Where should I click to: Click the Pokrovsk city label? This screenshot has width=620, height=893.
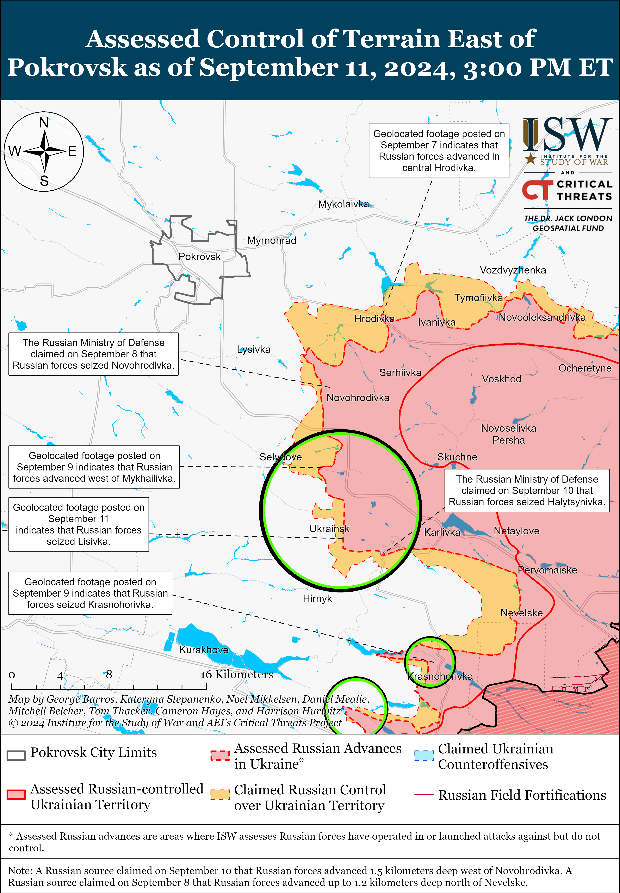pos(199,257)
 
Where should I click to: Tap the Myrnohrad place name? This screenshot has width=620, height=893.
pos(272,241)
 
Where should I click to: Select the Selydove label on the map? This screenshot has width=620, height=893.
pos(280,457)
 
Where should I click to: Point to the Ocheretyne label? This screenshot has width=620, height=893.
pos(585,368)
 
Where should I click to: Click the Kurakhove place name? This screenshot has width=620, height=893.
pos(204,650)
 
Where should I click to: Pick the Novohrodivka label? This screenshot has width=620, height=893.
pos(358,398)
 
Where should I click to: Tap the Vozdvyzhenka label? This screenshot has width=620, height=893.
pos(513,270)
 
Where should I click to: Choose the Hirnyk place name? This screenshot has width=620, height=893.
pos(317,598)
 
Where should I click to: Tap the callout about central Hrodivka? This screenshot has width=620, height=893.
pos(439,151)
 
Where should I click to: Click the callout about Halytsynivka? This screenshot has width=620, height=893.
pos(527,490)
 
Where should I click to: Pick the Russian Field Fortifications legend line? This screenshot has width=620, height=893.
pos(424,795)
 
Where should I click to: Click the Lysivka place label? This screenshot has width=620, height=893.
pos(254,349)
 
